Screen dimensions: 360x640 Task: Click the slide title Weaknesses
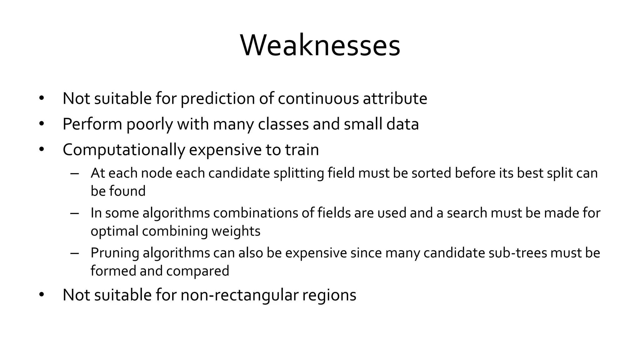pyautogui.click(x=320, y=46)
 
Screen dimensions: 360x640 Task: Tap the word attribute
pyautogui.click(x=395, y=98)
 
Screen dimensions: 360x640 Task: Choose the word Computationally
pyautogui.click(x=124, y=150)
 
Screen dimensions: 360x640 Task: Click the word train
pyautogui.click(x=302, y=150)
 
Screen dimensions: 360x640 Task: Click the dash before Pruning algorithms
pyautogui.click(x=75, y=253)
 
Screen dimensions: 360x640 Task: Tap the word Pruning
pyautogui.click(x=115, y=253)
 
